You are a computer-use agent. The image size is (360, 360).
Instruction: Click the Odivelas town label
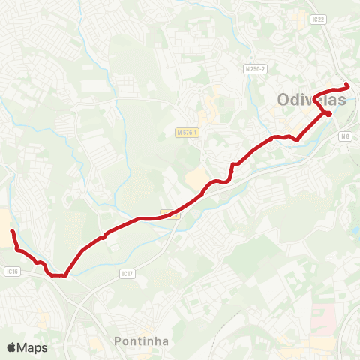pyautogui.click(x=312, y=99)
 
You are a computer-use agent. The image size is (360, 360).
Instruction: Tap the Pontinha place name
pyautogui.click(x=142, y=341)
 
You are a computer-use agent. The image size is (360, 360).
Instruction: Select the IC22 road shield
pyautogui.click(x=317, y=19)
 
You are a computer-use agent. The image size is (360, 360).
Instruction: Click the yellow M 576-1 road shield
pyautogui.click(x=187, y=132)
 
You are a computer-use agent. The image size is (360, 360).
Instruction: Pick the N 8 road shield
pyautogui.click(x=344, y=136)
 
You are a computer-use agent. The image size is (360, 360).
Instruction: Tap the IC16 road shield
pyautogui.click(x=10, y=271)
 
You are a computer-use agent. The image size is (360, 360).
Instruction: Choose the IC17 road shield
pyautogui.click(x=127, y=274)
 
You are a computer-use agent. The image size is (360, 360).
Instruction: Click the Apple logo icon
pyautogui.click(x=11, y=347)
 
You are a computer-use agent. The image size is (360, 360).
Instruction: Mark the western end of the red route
pyautogui.click(x=13, y=231)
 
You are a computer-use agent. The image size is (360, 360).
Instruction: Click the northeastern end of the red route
pyautogui.click(x=346, y=85)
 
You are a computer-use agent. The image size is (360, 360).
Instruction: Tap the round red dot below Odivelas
pyautogui.click(x=328, y=113)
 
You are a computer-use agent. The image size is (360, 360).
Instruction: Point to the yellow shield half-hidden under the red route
pyautogui.click(x=171, y=213)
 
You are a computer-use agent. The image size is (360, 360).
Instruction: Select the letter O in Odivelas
pyautogui.click(x=284, y=99)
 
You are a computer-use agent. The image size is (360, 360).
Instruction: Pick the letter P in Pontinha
pyautogui.click(x=118, y=341)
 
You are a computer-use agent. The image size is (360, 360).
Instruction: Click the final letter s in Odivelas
pyautogui.click(x=342, y=99)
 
